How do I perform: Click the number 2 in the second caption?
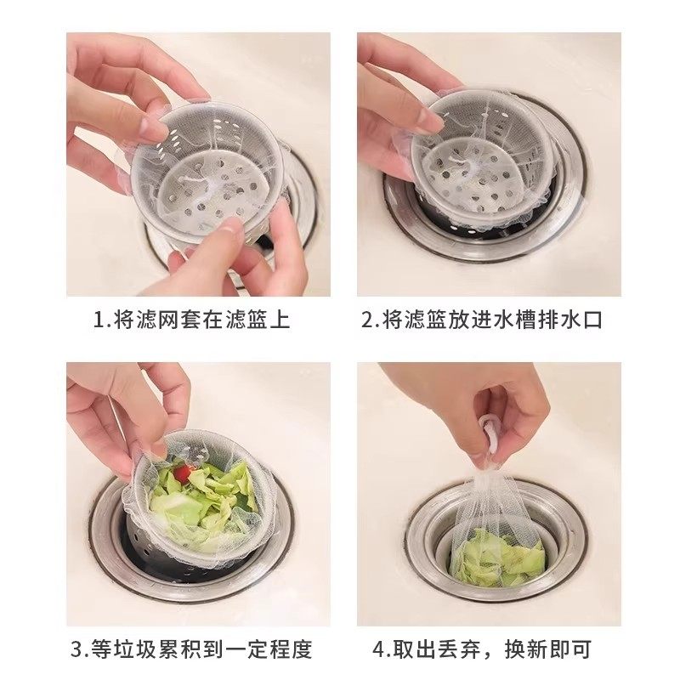point(367,320)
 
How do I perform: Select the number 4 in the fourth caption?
point(380,650)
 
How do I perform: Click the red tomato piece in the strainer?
point(182,472)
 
